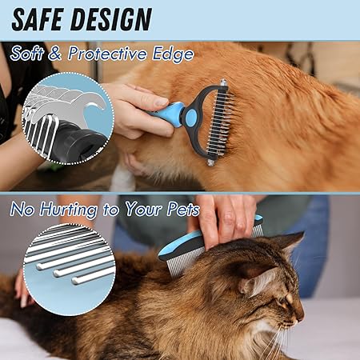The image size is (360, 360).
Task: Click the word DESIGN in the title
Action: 111,19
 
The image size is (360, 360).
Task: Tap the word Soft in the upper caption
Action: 26,53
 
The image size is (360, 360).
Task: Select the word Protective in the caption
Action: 107,53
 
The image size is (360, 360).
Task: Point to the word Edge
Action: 173,54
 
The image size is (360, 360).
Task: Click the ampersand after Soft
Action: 54,53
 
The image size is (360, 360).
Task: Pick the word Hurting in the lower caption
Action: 68,210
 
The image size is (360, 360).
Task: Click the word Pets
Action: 183,209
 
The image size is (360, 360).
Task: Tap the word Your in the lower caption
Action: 142,209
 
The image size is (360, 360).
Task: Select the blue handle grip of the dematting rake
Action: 166,112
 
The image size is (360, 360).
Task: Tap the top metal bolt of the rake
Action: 223,82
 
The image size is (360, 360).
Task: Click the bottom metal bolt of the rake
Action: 211,162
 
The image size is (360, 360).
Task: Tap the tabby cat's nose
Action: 302,317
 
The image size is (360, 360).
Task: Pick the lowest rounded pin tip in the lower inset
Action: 75,280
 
